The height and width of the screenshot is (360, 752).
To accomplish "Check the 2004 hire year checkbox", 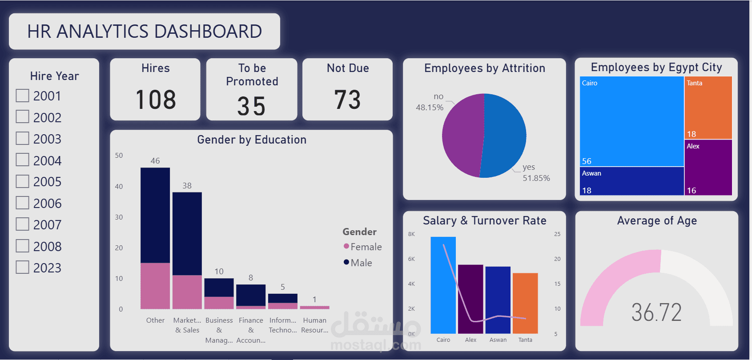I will (x=23, y=160).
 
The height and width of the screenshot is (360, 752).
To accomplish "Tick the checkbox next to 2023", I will (x=23, y=267).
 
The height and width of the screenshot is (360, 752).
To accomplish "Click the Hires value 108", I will (x=156, y=100).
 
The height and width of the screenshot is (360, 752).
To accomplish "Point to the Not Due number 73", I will (x=347, y=100).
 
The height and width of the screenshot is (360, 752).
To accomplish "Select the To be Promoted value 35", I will (x=251, y=106).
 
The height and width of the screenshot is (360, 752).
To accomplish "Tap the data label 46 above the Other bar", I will (x=155, y=161).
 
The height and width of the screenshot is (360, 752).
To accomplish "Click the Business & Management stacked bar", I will (x=219, y=293).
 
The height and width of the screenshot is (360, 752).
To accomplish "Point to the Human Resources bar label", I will (x=314, y=325).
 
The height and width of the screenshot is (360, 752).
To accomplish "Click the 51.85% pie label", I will (x=536, y=178).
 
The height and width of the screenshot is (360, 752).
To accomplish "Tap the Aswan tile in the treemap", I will (x=631, y=181).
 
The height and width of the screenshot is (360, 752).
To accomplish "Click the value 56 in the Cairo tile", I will (x=587, y=161).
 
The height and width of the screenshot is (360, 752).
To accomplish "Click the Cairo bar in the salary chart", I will (x=443, y=285).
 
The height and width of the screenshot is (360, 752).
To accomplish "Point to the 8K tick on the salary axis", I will (x=411, y=234).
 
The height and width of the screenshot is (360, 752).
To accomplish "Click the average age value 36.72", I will (x=656, y=312).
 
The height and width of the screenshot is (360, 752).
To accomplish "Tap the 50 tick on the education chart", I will (x=119, y=156).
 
